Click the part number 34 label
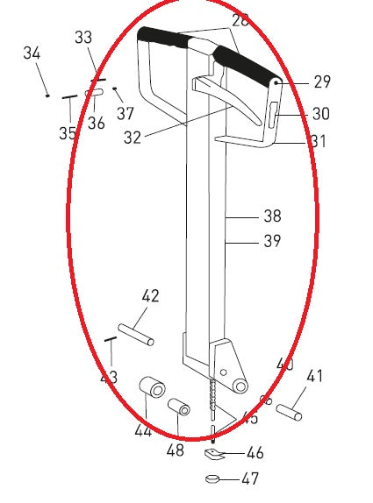pyautogui.click(x=32, y=54)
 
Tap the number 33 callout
pyautogui.click(x=83, y=38)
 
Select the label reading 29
pyautogui.click(x=322, y=82)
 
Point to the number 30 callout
pyautogui.click(x=321, y=114)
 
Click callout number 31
pyautogui.click(x=318, y=141)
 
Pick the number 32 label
pyautogui.click(x=133, y=138)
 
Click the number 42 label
pyautogui.click(x=151, y=296)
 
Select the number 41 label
pyautogui.click(x=314, y=377)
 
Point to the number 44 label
pyautogui.click(x=143, y=430)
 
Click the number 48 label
pyautogui.click(x=176, y=450)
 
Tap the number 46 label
pyautogui.click(x=255, y=453)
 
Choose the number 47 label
pyautogui.click(x=251, y=479)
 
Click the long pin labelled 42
pyautogui.click(x=138, y=333)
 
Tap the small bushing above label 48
pyautogui.click(x=179, y=408)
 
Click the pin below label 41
pyautogui.click(x=289, y=409)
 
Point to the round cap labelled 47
pyautogui.click(x=212, y=478)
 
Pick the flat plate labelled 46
pyautogui.click(x=213, y=454)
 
